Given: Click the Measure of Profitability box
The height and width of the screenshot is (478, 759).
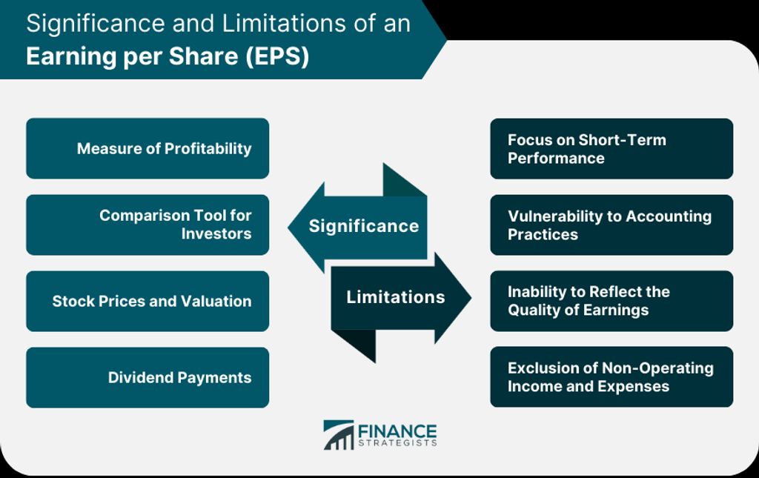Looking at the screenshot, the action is tap(148, 148).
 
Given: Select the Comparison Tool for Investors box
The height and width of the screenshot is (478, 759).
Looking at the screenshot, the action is tap(148, 225).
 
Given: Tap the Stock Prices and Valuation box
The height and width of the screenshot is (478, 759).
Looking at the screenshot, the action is tap(148, 301).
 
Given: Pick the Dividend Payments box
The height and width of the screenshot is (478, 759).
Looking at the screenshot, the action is tap(148, 377).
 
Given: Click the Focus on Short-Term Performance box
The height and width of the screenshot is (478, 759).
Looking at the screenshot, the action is tap(611, 148).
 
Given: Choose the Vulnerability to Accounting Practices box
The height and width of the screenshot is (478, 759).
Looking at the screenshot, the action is tap(611, 225).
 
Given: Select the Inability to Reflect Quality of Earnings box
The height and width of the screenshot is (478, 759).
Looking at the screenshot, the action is tap(611, 301).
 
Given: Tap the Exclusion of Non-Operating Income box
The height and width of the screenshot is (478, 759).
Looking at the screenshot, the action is tap(611, 377).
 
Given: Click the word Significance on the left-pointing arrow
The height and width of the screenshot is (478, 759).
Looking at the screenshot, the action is tap(364, 226).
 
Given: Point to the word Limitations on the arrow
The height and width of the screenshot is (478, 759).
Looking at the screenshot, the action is tap(396, 296).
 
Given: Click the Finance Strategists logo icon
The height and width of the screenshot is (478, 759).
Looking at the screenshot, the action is tap(338, 435).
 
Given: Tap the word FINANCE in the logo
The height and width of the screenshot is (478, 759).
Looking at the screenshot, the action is tap(397, 431).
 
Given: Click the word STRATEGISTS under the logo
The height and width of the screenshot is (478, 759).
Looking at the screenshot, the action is tap(397, 443).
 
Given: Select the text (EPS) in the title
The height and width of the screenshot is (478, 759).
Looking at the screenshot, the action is tap(277, 56).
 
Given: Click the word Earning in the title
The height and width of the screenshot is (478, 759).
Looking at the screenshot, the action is tap(71, 56).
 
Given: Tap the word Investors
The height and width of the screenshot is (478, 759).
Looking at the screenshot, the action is tap(216, 233).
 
